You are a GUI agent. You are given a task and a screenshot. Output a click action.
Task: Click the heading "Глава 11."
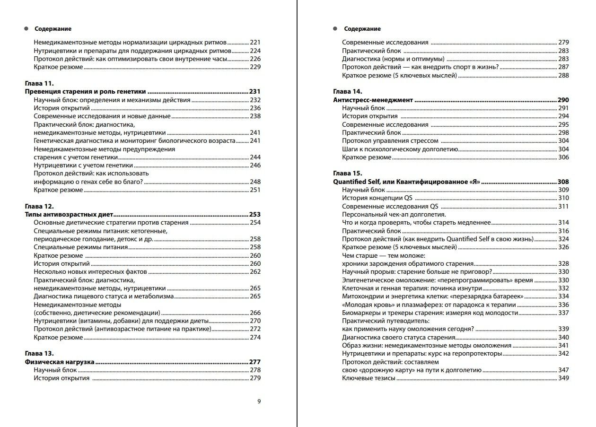point(38,83)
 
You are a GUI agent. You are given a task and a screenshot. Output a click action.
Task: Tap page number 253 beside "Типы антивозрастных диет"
point(255,214)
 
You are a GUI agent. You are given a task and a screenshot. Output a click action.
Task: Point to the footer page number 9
point(259,401)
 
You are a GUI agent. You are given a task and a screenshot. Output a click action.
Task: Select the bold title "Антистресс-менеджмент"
point(373,100)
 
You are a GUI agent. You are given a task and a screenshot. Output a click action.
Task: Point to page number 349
point(563,378)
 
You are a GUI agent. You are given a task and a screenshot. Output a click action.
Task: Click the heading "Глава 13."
point(38,353)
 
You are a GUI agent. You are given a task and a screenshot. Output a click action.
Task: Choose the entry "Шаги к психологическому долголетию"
point(400,149)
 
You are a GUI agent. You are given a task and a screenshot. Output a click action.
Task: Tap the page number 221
point(255,42)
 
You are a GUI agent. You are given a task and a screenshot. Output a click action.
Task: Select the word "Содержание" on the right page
point(362,29)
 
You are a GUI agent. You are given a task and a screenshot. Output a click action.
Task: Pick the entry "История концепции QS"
point(378,198)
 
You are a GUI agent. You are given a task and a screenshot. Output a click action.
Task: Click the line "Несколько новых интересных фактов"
point(90,271)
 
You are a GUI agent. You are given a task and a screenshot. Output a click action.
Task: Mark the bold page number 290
point(563,100)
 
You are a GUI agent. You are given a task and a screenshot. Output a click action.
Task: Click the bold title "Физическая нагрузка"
point(60,362)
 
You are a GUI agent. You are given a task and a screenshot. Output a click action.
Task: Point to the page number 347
point(563,370)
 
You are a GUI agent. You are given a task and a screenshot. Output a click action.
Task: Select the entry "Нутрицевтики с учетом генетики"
point(83,165)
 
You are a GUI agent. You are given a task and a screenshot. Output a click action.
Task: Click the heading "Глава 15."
point(348,173)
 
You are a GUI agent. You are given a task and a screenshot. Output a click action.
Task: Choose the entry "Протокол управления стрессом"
point(390,141)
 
